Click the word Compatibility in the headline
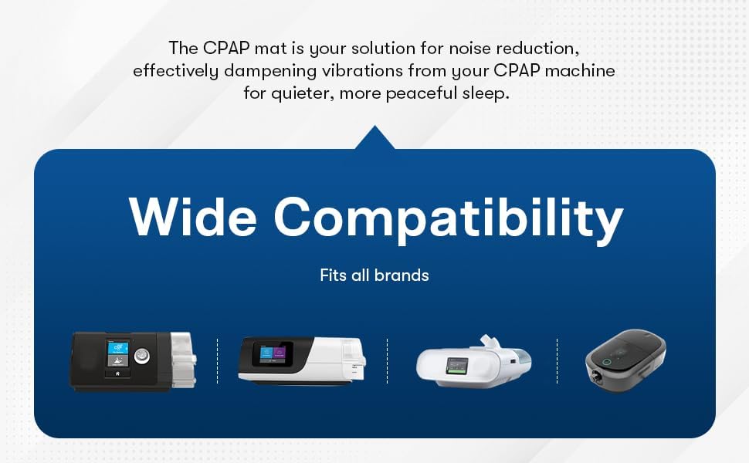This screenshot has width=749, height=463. pos(448,218)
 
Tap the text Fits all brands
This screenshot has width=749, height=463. pos(374,275)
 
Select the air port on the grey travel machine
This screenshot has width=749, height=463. pos(598,378)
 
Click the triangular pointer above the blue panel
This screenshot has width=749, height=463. pos(374,139)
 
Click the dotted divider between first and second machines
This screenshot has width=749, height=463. pos(217,360)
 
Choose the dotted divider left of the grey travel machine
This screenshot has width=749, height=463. pos(557,360)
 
